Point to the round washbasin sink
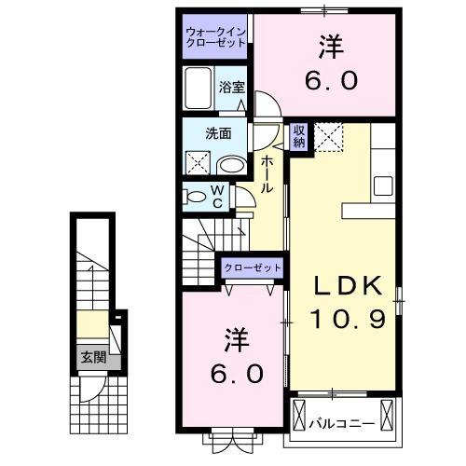point(231,165)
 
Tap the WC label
point(216,197)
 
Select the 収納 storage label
point(299,136)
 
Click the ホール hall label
point(267,174)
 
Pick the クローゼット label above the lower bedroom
point(252,268)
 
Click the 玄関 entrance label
point(92,356)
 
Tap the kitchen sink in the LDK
point(382,185)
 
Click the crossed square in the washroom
point(198,164)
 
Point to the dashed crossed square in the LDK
point(329,138)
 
